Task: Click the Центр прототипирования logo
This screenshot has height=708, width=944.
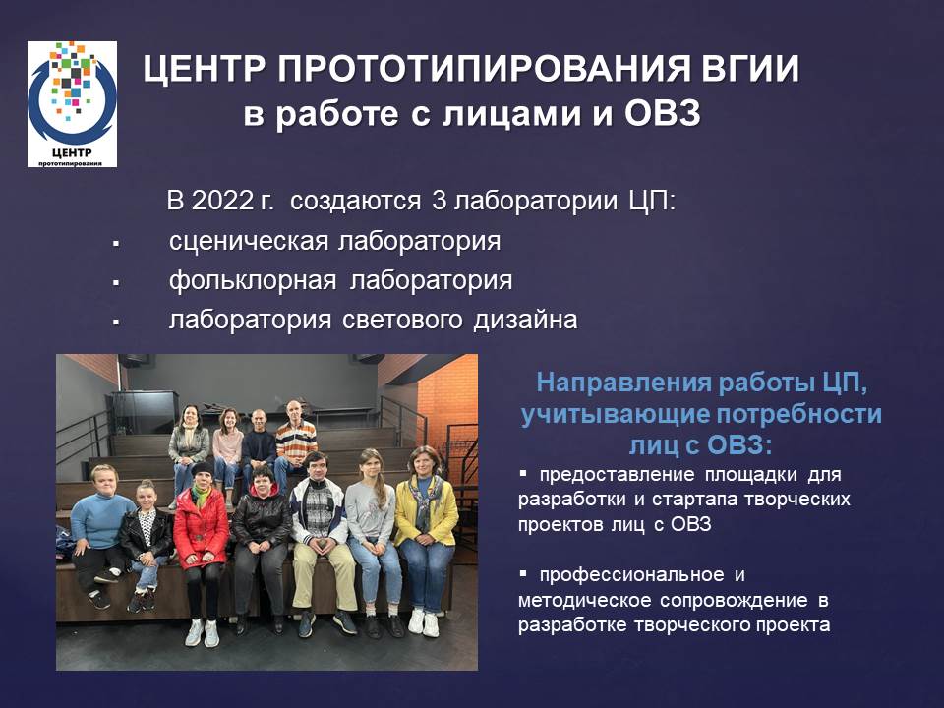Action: (72, 104)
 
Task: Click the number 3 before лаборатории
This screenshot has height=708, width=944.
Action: (439, 201)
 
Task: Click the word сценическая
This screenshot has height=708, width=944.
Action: (249, 242)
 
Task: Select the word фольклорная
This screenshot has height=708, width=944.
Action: (253, 280)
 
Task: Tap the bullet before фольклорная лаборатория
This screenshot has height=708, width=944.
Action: (116, 282)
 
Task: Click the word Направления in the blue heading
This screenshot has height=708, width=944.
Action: (623, 383)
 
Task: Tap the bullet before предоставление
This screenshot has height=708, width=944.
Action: (522, 474)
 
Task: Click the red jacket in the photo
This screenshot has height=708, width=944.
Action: (201, 526)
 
